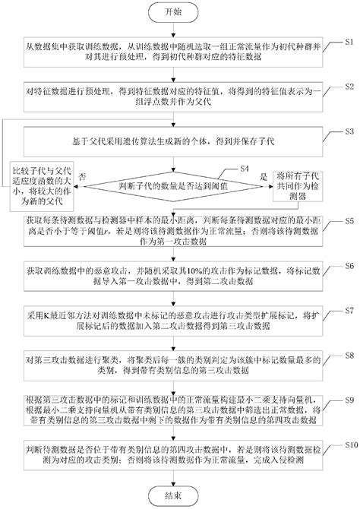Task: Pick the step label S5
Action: click(x=349, y=220)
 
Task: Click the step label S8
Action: click(x=349, y=354)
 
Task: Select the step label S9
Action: click(x=349, y=399)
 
